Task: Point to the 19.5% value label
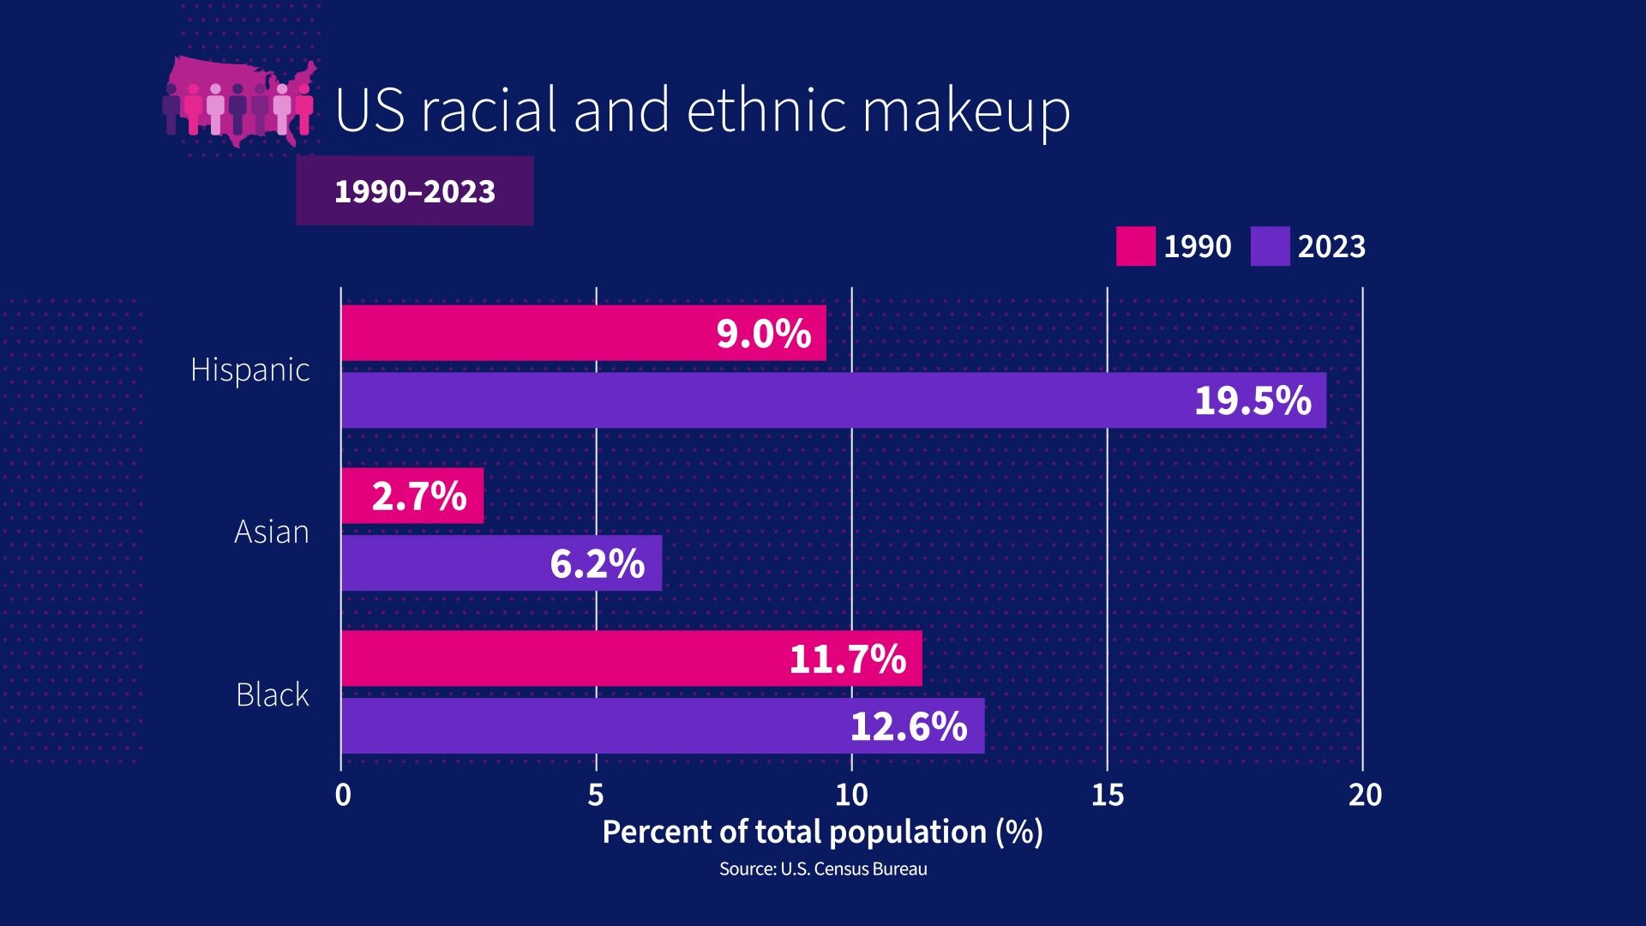1253,400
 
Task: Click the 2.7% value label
419,496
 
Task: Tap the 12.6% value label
909,726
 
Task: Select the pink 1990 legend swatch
1135,246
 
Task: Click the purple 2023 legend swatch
1270,246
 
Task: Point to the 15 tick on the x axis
1107,796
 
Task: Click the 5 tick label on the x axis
596,796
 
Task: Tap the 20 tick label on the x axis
1365,796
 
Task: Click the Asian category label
272,532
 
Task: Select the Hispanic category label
250,370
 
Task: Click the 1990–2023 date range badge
415,191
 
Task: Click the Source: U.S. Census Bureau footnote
823,869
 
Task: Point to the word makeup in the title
966,111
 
